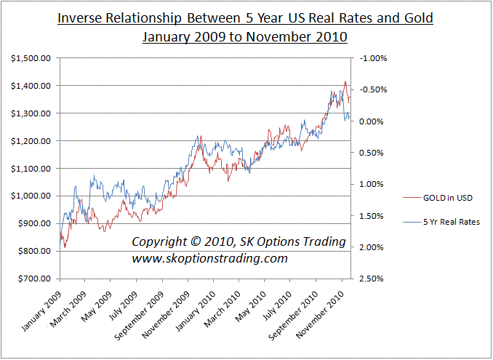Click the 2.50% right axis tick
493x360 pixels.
370,279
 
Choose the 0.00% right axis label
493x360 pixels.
370,121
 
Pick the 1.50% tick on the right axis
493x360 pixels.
370,216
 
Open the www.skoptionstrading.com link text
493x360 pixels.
209,258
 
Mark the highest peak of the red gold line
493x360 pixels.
345,81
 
